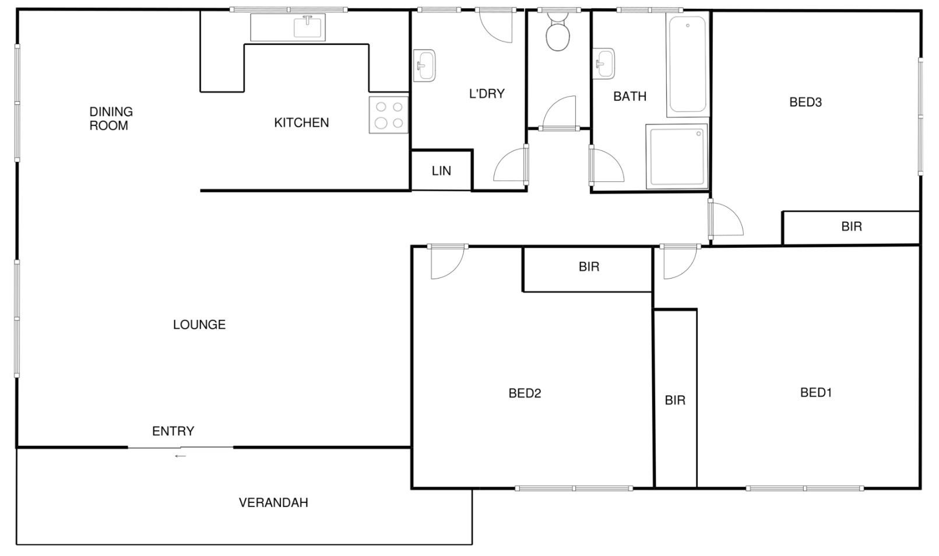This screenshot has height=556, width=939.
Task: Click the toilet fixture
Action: coord(558,31)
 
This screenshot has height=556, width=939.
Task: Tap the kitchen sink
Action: coord(308,27)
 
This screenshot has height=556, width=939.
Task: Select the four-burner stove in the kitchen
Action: coord(389,115)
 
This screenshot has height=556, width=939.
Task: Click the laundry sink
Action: coord(424,65)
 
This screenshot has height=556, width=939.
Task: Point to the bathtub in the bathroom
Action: coord(687,64)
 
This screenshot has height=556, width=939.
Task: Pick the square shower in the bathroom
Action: coord(677,156)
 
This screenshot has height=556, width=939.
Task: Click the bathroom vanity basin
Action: coord(603,64)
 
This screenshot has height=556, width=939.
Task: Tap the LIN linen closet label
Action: coord(441,171)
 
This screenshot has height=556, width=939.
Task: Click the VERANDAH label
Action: coord(273,502)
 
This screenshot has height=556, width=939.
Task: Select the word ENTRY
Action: coord(173,431)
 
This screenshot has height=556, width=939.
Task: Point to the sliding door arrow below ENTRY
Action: coord(181,456)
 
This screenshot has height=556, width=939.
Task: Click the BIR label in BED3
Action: coord(852,227)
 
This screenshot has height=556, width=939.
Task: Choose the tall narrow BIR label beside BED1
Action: coord(675,400)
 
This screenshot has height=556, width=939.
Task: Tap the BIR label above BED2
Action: coord(589,267)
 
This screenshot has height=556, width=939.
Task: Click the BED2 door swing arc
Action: coord(455,270)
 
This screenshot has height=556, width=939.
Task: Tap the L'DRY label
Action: coord(487,94)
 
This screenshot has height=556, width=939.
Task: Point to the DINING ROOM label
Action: coord(111,119)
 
